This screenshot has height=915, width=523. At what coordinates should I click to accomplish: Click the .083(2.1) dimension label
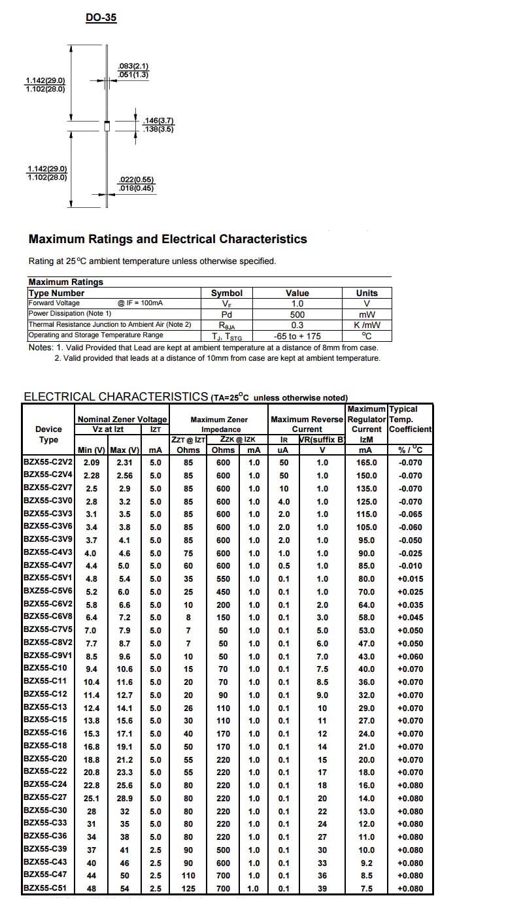click(x=133, y=66)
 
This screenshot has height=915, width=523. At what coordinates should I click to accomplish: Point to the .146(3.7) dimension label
click(x=159, y=121)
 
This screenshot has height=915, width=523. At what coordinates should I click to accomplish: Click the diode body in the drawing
click(x=107, y=125)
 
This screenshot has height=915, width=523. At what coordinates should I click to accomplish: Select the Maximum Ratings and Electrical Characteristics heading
click(x=168, y=239)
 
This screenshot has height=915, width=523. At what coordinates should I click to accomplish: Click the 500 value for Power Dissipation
click(x=297, y=314)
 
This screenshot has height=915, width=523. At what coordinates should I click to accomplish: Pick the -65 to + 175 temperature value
click(x=297, y=336)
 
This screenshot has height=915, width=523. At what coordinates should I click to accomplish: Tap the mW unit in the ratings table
click(x=367, y=314)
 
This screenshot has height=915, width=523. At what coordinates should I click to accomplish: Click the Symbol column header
click(x=227, y=293)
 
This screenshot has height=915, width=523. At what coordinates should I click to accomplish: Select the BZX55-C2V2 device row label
click(x=48, y=462)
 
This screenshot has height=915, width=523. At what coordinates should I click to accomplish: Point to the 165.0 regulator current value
click(x=367, y=463)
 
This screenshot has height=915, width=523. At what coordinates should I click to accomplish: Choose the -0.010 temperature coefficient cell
click(x=411, y=566)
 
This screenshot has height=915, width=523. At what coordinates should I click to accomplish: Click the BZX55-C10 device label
click(x=45, y=669)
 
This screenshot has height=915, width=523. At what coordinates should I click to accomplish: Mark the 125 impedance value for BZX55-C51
click(x=188, y=889)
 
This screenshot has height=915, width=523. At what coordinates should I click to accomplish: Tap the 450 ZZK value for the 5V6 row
click(x=223, y=592)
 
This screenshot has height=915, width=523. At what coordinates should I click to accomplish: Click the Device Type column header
click(x=49, y=434)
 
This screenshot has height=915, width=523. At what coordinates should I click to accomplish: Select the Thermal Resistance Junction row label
click(x=110, y=325)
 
